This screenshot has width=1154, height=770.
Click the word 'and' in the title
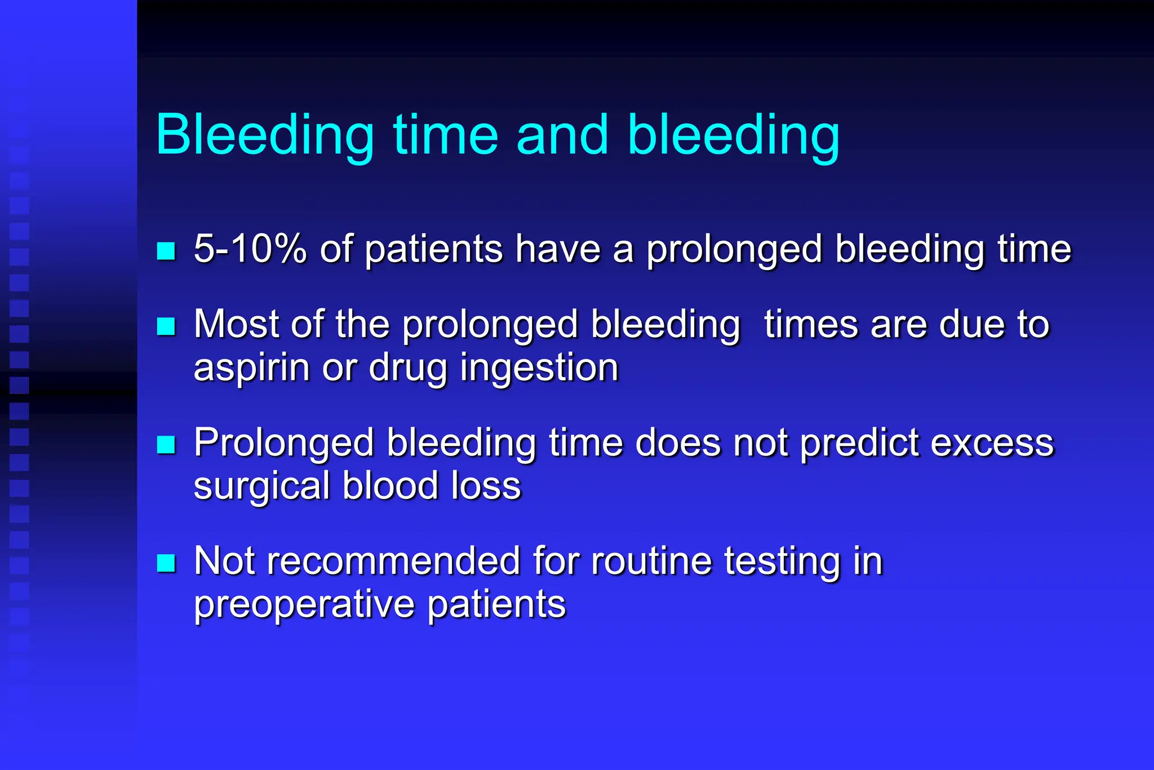pyautogui.click(x=562, y=135)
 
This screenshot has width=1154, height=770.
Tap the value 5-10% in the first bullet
pyautogui.click(x=250, y=249)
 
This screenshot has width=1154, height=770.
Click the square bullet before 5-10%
pyautogui.click(x=166, y=251)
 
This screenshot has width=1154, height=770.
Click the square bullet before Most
pyautogui.click(x=166, y=326)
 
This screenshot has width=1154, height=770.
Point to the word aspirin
pyautogui.click(x=251, y=368)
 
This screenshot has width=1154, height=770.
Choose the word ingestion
pyautogui.click(x=539, y=368)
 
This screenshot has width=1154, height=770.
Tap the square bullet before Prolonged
pyautogui.click(x=166, y=445)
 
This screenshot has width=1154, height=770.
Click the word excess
pyautogui.click(x=992, y=444)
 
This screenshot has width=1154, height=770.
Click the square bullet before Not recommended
pyautogui.click(x=166, y=563)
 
